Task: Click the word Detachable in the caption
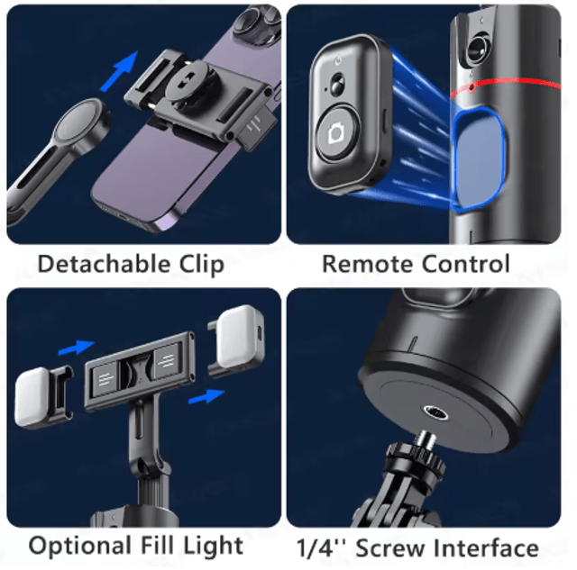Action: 105,264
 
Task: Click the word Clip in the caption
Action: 202,265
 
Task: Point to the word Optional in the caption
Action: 80,546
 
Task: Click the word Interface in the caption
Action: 486,547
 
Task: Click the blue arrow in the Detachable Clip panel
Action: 120,71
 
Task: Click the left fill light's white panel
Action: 32,397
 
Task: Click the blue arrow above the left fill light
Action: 76,348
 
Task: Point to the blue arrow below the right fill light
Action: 206,396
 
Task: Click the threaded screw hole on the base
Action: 435,412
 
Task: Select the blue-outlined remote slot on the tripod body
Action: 479,160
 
